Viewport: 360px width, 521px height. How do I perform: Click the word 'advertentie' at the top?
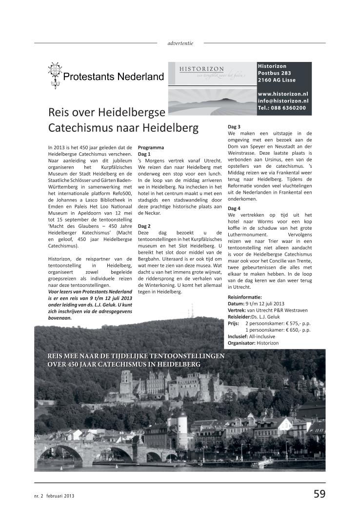point(180,43)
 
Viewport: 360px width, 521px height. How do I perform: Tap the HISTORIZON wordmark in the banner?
point(201,69)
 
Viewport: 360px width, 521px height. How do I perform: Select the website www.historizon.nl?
point(283,93)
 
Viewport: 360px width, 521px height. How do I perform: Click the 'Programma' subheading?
point(151,147)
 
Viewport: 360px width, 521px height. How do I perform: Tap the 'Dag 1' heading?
point(145,154)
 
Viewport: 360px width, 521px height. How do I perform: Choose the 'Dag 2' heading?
point(145,226)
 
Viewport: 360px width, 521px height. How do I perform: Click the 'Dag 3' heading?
point(235,127)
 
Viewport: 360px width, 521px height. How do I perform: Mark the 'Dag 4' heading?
point(235,208)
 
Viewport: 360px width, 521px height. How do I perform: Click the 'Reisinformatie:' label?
point(245,297)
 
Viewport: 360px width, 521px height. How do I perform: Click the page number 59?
point(319,494)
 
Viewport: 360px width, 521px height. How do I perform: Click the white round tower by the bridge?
point(182,421)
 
